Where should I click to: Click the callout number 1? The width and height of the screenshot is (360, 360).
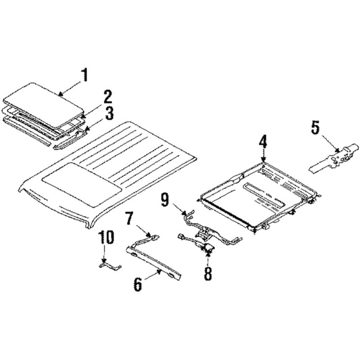(x=85, y=75)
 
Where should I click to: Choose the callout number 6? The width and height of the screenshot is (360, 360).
(x=138, y=284)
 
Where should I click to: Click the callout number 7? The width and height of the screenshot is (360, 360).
(x=130, y=218)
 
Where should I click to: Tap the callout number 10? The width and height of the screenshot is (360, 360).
(x=106, y=237)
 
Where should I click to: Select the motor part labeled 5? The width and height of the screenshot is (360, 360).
(x=334, y=157)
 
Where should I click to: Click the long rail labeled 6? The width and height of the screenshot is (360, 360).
(x=154, y=263)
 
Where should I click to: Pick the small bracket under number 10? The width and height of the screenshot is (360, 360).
(x=110, y=266)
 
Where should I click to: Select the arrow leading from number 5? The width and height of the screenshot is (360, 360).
(x=330, y=144)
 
